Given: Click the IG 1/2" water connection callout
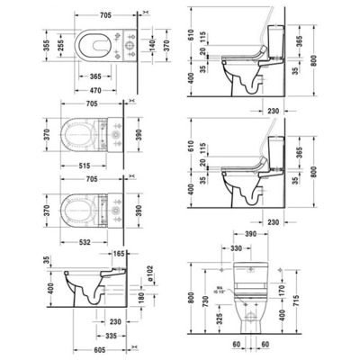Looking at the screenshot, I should click(x=222, y=291).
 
